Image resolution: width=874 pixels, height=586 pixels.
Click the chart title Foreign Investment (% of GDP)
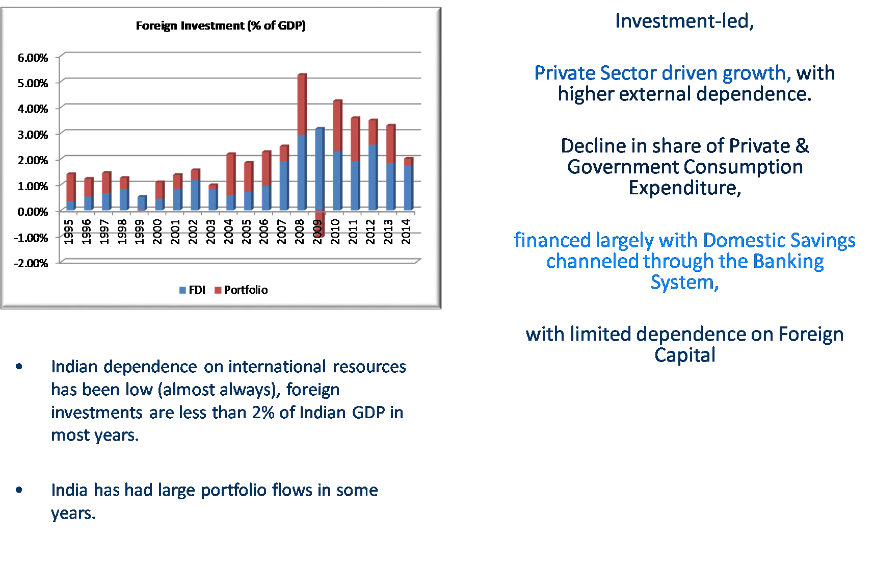click(221, 26)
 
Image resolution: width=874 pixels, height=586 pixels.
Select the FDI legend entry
click(192, 290)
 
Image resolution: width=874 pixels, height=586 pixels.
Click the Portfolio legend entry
click(241, 290)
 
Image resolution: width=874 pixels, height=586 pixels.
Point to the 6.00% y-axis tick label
click(33, 58)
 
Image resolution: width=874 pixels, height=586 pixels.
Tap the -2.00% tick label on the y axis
click(31, 263)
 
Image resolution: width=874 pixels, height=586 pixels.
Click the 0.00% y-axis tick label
click(33, 212)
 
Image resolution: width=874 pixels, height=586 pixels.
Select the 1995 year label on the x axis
click(69, 232)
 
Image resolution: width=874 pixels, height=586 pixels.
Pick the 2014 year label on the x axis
click(406, 232)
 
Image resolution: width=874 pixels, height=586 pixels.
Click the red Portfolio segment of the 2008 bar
click(302, 105)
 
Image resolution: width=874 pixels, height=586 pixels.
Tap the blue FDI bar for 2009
click(320, 169)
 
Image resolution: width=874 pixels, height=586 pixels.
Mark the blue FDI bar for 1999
click(142, 203)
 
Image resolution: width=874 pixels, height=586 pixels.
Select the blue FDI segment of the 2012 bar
click(373, 177)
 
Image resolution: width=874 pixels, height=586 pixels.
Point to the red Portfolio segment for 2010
click(337, 126)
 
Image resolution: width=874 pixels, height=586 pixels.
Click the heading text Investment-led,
click(684, 21)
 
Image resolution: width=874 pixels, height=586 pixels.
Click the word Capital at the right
click(685, 355)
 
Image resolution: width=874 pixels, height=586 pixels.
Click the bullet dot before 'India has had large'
click(19, 490)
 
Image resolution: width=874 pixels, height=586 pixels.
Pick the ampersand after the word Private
click(802, 146)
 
